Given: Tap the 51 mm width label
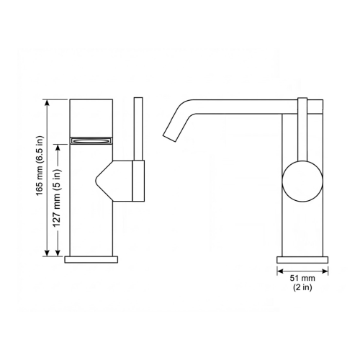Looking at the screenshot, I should [302, 278].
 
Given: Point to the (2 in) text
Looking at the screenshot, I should [302, 288].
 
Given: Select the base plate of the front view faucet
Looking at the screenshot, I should [91, 258].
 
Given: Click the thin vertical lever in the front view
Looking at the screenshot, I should [139, 130].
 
